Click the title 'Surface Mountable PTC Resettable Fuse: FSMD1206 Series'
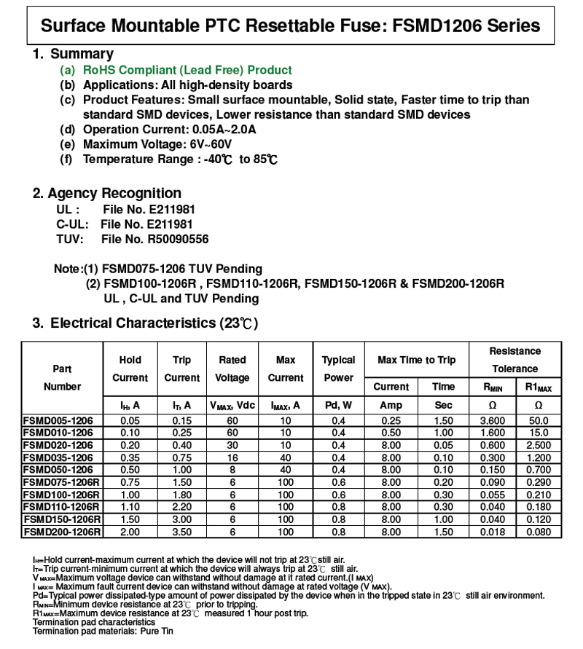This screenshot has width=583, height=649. (x=291, y=26)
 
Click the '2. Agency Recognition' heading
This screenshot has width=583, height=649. (x=107, y=193)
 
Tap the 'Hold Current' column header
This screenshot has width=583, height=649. (x=130, y=369)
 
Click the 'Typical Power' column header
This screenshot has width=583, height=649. (x=338, y=369)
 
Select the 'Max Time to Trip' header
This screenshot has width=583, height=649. (x=416, y=361)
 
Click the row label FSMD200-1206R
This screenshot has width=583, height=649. (x=62, y=532)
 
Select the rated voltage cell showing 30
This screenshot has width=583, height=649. (x=232, y=446)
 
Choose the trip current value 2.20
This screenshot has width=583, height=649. (x=181, y=507)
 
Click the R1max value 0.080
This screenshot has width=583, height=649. (x=538, y=532)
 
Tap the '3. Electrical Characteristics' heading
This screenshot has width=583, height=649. (x=145, y=323)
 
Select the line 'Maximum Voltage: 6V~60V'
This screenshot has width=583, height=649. (x=157, y=144)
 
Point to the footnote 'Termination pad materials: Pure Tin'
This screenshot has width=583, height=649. (x=103, y=631)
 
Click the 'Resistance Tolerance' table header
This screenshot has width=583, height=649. (x=514, y=360)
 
